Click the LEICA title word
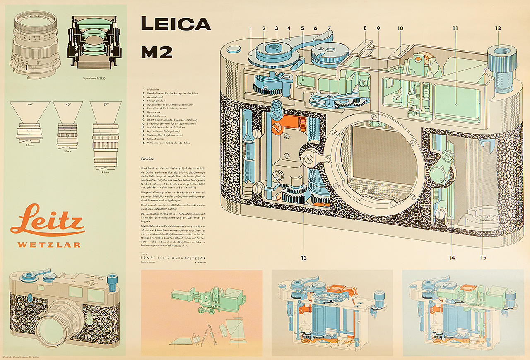coord(176,24)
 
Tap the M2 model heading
coord(156,52)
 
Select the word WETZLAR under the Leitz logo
coord(49,245)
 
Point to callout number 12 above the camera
coord(498,28)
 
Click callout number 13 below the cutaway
coord(304,258)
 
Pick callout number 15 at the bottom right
coord(483,258)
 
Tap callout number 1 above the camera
coord(251,28)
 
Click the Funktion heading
coord(147,159)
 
